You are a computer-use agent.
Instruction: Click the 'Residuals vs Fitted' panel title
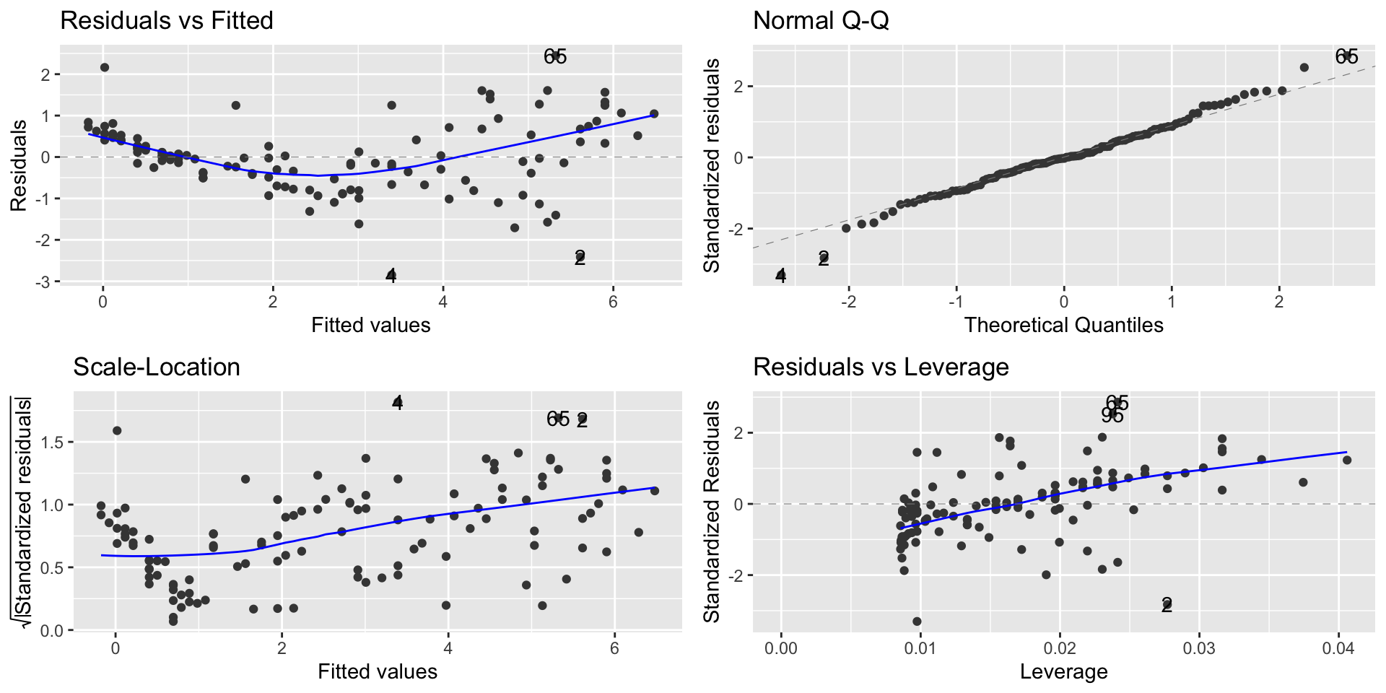[167, 21]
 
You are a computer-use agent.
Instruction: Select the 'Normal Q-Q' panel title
[821, 21]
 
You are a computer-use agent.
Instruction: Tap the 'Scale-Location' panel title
[157, 367]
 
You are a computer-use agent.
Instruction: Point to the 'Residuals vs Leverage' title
[881, 367]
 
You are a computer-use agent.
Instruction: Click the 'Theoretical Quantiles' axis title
[1063, 325]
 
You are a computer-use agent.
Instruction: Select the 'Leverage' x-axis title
[1063, 671]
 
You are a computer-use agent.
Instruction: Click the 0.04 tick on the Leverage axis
[1338, 648]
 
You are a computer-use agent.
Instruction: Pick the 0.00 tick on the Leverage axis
[780, 648]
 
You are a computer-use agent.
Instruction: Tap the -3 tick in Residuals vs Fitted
[45, 282]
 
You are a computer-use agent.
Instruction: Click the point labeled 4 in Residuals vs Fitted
[391, 275]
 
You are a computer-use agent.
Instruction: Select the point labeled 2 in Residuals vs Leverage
[1167, 605]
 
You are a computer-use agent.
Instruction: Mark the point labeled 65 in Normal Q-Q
[1346, 56]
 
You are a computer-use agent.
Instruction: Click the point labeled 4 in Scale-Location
[397, 403]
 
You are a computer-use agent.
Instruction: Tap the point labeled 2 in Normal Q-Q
[824, 258]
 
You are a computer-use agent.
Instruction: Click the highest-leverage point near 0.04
[1346, 460]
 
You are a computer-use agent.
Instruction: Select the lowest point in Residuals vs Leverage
[917, 621]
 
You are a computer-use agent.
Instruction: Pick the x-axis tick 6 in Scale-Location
[614, 648]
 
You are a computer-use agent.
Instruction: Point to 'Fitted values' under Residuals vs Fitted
[370, 325]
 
